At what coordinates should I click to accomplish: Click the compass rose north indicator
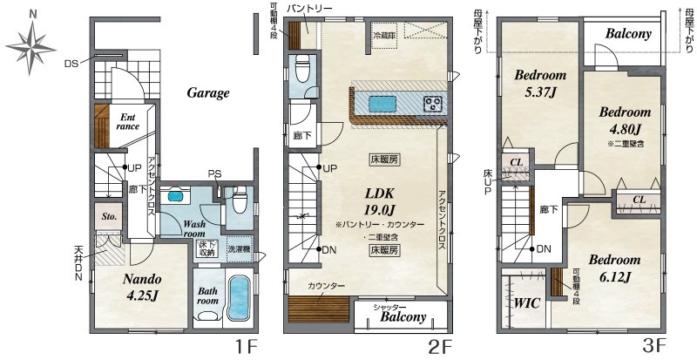(x=32, y=14)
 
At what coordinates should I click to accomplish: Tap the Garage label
(x=208, y=93)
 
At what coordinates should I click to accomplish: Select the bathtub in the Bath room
(x=239, y=297)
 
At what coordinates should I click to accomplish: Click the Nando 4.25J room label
(x=142, y=288)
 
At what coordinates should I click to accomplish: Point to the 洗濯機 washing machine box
(x=239, y=251)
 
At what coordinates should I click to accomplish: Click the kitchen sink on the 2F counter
(x=382, y=104)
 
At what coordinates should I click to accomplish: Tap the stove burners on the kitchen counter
(x=433, y=104)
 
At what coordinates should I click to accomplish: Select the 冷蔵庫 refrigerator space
(x=384, y=36)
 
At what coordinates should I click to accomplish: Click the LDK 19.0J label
(x=380, y=201)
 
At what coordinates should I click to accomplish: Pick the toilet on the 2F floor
(x=302, y=70)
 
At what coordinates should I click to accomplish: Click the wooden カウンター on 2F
(x=318, y=309)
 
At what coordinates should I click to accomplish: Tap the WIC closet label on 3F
(x=527, y=303)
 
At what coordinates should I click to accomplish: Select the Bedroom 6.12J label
(x=614, y=268)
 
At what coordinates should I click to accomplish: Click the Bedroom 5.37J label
(x=540, y=83)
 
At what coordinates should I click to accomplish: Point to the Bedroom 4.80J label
(x=625, y=120)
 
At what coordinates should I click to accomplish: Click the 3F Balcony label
(x=628, y=34)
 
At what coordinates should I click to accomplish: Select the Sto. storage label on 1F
(x=110, y=217)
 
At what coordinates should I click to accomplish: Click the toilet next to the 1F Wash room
(x=240, y=200)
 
